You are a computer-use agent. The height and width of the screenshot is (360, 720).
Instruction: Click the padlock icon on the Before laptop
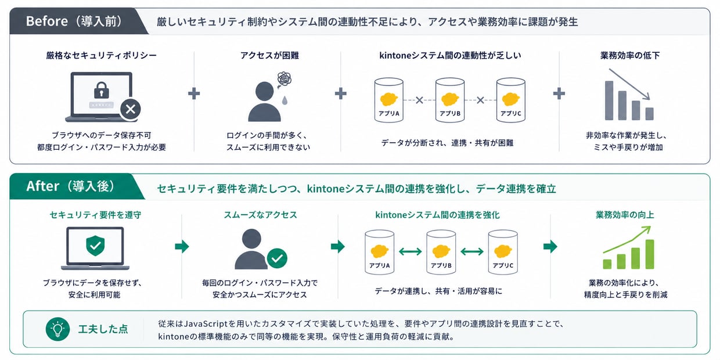coord(101,90)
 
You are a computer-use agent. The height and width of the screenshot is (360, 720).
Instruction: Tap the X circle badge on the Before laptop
coord(131,109)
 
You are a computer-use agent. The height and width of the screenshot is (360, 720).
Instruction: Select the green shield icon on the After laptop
coord(95,246)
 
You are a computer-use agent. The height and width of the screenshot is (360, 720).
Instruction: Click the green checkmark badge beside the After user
coord(277,258)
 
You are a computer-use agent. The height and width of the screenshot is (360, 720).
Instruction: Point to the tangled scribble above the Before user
coord(284,79)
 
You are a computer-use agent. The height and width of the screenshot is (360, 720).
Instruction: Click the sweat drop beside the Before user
coord(285,100)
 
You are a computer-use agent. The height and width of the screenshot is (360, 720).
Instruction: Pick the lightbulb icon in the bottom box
coord(58,329)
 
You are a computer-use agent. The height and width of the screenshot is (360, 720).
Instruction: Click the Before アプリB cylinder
coord(449,100)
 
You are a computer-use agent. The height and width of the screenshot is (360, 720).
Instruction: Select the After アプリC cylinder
coord(503,252)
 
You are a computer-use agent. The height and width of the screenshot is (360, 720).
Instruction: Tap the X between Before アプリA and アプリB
coord(419,100)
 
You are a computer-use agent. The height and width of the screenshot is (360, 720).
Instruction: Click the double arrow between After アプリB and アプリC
coord(472,251)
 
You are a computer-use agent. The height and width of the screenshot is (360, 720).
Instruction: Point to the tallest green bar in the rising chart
coord(650,254)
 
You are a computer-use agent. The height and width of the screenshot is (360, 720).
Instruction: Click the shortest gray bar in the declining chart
coord(650,114)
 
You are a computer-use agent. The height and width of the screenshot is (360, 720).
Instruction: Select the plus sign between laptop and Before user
coord(194,93)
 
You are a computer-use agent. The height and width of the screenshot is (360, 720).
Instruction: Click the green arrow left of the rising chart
coord(550,247)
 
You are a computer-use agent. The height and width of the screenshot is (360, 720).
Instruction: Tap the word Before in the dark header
coord(47,21)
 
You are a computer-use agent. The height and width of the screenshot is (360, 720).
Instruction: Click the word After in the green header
coord(43,186)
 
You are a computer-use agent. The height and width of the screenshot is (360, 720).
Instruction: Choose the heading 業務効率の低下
coord(629,55)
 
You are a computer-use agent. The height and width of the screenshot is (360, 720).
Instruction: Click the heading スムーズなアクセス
coord(260,215)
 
